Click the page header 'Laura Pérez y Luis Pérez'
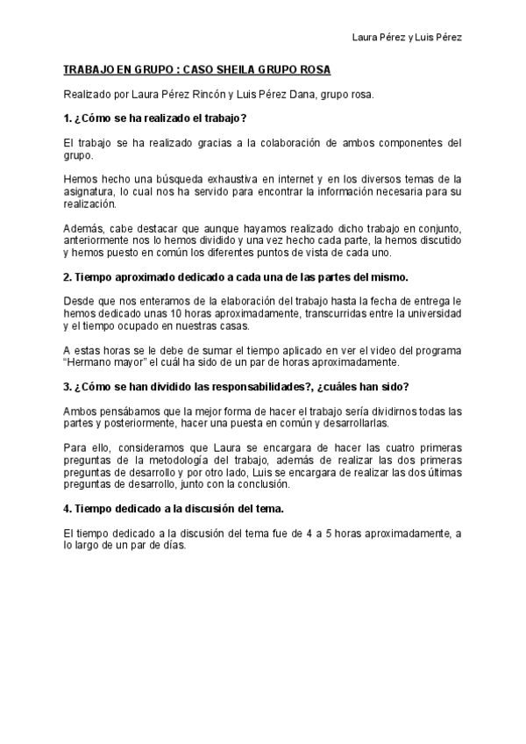[406, 38]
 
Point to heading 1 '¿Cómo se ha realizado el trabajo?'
[155, 118]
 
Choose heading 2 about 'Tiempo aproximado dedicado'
[236, 276]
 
